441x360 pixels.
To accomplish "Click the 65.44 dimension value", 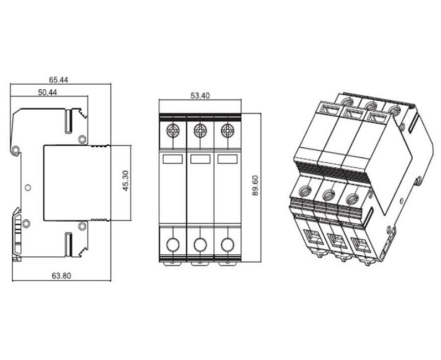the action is pyautogui.click(x=59, y=80).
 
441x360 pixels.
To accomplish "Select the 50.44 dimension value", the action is pyautogui.click(x=48, y=92).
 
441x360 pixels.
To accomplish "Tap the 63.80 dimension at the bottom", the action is pyautogui.click(x=61, y=276).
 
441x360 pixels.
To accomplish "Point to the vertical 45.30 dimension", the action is pyautogui.click(x=126, y=181).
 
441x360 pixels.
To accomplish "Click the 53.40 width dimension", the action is pyautogui.click(x=200, y=96).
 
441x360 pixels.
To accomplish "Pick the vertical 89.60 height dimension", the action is pyautogui.click(x=255, y=186).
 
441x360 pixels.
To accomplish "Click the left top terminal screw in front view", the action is pyautogui.click(x=173, y=131).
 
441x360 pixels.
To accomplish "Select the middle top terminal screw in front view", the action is pyautogui.click(x=200, y=131).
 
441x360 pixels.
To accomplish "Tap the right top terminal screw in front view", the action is pyautogui.click(x=227, y=131).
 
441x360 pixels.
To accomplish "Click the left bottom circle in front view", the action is pyautogui.click(x=173, y=245).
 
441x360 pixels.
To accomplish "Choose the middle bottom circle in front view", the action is pyautogui.click(x=200, y=245).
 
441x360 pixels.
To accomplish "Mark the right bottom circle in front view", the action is pyautogui.click(x=227, y=245).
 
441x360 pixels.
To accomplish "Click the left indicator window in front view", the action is pyautogui.click(x=173, y=159).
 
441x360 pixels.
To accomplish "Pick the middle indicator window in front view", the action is pyautogui.click(x=200, y=159).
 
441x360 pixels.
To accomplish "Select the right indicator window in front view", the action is pyautogui.click(x=227, y=159).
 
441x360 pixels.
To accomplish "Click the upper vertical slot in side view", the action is pyautogui.click(x=69, y=121).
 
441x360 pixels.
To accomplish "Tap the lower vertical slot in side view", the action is pyautogui.click(x=69, y=244).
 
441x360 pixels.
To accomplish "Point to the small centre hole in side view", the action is pyautogui.click(x=28, y=187).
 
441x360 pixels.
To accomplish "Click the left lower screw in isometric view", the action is pyautogui.click(x=303, y=192).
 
